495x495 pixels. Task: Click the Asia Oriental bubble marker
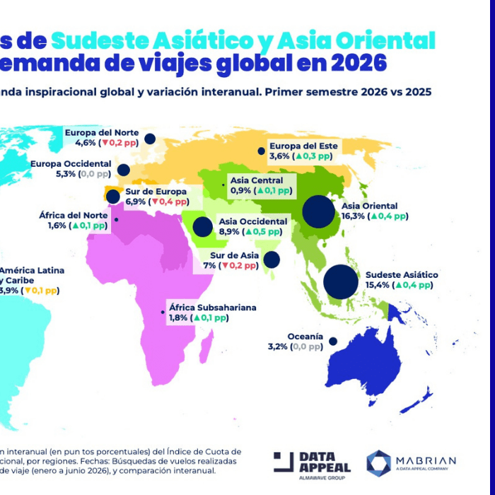click(x=318, y=212)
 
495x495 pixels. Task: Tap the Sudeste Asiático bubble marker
click(x=341, y=281)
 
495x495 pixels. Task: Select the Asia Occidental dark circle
click(x=203, y=227)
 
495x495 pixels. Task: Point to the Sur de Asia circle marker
click(x=272, y=260)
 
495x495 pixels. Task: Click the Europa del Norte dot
click(x=150, y=139)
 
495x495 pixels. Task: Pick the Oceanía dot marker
click(x=332, y=341)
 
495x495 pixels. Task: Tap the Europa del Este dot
click(x=262, y=151)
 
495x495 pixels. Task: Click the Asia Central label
click(x=257, y=180)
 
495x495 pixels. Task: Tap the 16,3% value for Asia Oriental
click(x=352, y=216)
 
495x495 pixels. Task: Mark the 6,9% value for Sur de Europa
click(x=135, y=202)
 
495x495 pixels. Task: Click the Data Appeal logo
click(x=312, y=462)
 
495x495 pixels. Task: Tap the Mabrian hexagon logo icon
click(x=378, y=462)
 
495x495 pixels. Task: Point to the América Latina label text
click(x=32, y=270)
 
